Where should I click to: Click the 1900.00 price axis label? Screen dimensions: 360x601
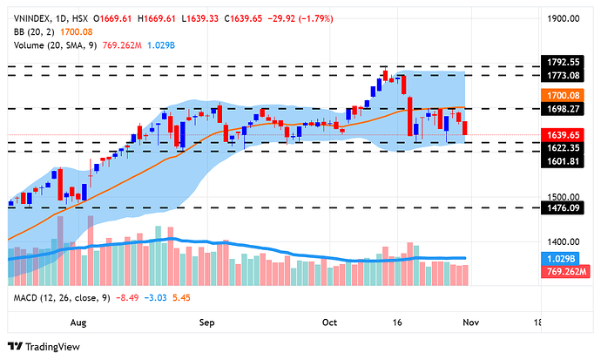[x=564, y=17]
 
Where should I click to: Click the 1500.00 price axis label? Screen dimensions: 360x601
[x=564, y=197]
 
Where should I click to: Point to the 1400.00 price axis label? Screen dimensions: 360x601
[x=564, y=241]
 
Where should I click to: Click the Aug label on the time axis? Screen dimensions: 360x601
[x=78, y=323]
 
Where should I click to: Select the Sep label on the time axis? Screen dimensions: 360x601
[x=207, y=323]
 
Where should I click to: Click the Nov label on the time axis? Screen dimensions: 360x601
[x=471, y=323]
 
